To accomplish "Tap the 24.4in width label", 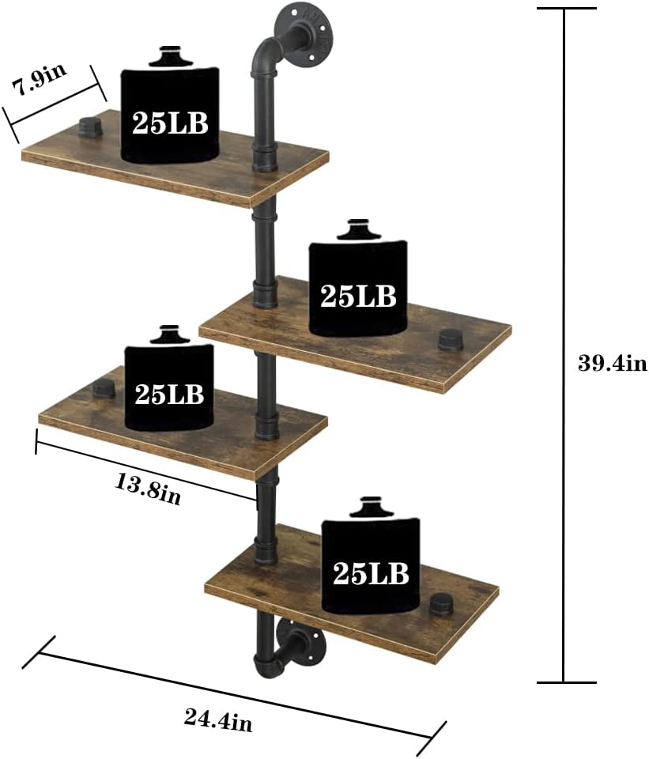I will [x=218, y=719].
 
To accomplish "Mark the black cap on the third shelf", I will [x=103, y=388].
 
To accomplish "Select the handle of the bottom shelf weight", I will [x=370, y=506].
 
